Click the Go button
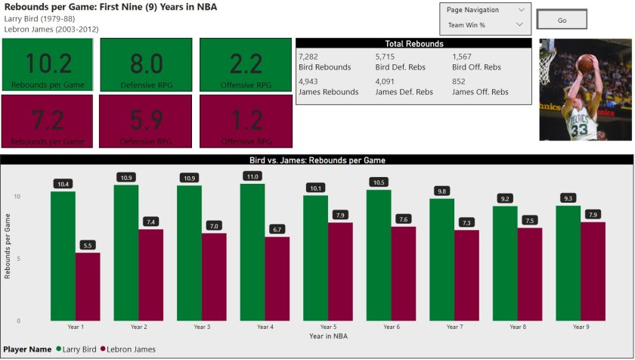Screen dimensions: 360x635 coord(562,20)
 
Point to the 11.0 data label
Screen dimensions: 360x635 coord(252,176)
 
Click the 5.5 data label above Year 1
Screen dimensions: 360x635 coord(88,245)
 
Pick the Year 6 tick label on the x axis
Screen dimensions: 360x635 coord(392,327)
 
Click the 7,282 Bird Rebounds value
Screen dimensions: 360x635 coord(309,57)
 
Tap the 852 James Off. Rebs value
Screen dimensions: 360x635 coord(460,82)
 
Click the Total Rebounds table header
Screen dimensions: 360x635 coord(414,44)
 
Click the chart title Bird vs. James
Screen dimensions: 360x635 coord(317,160)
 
